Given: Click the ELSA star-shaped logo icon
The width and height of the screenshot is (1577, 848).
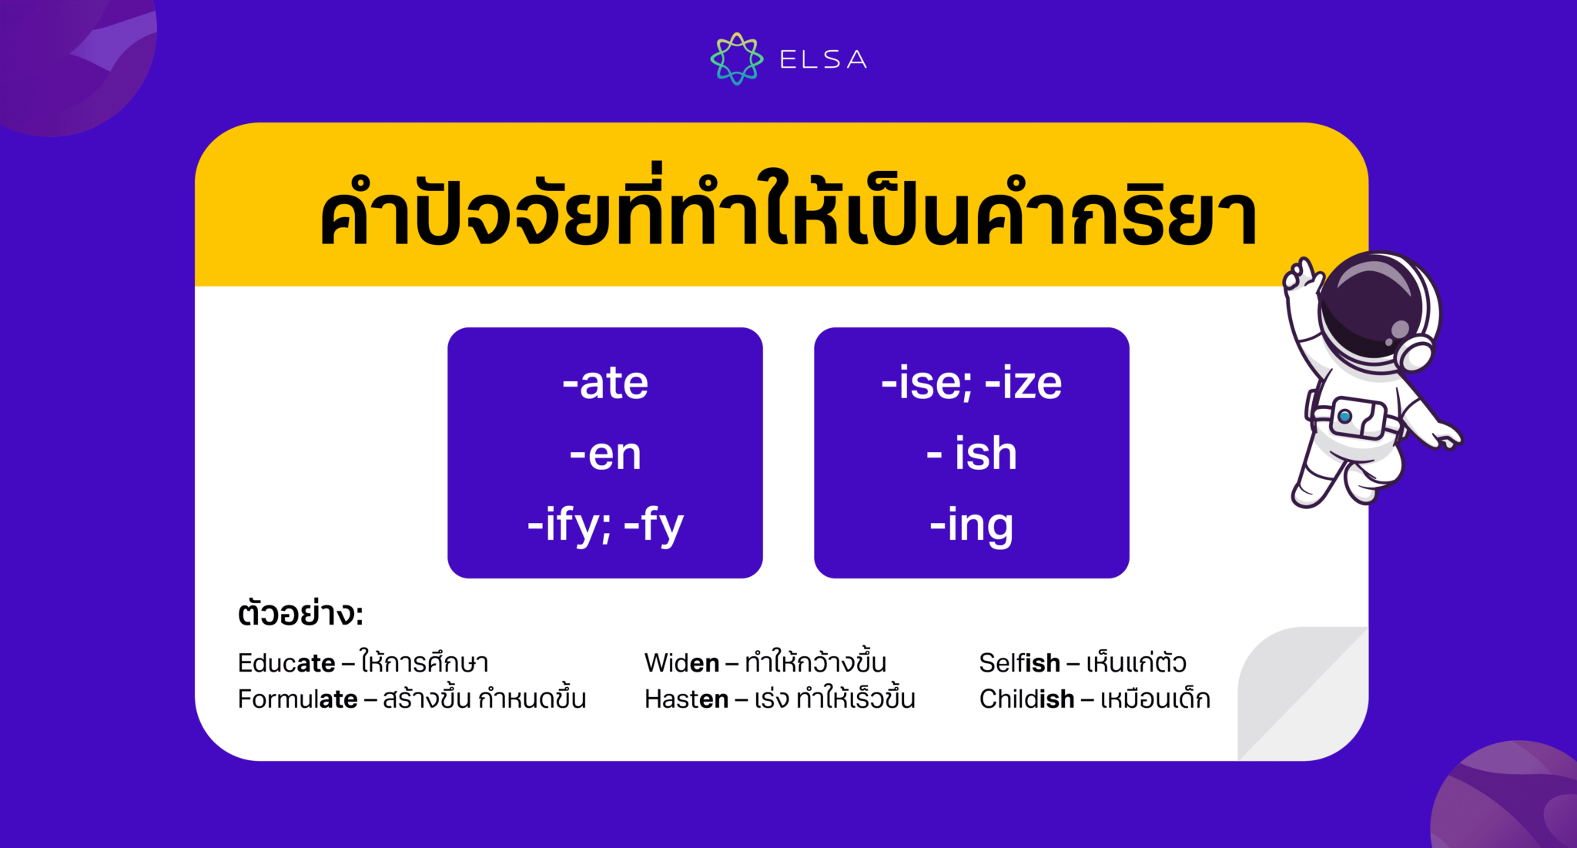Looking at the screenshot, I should coord(736,59).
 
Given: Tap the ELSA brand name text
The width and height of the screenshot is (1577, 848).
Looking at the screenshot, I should coord(823,59).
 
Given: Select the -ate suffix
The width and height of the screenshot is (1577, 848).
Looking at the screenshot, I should coord(605,383).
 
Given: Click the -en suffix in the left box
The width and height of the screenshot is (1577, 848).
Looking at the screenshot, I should coord(605,454).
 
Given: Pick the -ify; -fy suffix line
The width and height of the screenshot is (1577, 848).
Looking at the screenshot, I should coord(605,525).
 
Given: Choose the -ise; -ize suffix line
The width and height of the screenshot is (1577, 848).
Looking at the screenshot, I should coord(971,383).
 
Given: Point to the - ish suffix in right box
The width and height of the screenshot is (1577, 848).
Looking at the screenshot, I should coord(971,454).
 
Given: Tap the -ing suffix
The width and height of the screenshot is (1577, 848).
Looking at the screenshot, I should coord(971,525).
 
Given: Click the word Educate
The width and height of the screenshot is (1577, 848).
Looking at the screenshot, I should coord(286,662).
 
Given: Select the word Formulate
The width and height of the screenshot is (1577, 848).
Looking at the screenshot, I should coord(297,699).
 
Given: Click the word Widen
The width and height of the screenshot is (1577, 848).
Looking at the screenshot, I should coord(681,662).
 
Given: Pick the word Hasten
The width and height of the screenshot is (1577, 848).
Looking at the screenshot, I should coord(686,699).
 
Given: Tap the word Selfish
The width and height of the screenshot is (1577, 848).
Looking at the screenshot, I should coord(1020,662).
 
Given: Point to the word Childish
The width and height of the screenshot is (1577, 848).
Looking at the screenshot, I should coord(1026,699).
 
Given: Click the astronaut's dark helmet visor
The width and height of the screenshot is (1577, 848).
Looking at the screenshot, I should coord(1367,308).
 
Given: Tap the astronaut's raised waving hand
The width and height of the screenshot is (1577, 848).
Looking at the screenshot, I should coord(1301,277).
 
